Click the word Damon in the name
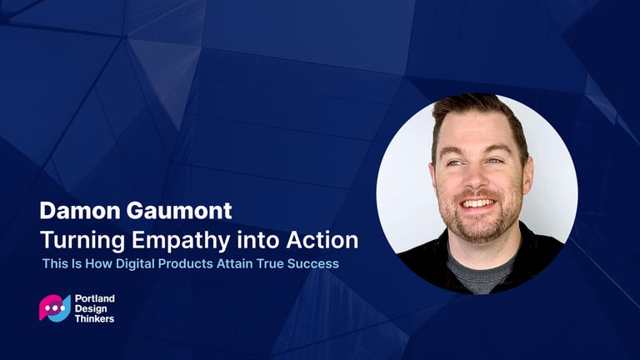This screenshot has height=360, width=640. [80, 211]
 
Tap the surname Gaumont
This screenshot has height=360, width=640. [179, 211]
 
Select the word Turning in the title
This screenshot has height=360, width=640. [82, 241]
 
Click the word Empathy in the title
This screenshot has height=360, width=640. [181, 241]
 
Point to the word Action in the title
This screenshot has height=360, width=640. [322, 240]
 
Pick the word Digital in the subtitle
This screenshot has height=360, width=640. [136, 263]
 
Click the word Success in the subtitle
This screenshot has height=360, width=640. [313, 263]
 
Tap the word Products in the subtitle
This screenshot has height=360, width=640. [185, 263]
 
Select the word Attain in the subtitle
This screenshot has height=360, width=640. [235, 263]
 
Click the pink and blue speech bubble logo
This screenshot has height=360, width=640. [55, 308]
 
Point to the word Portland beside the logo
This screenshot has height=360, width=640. [95, 298]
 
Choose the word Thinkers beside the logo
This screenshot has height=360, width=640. [94, 319]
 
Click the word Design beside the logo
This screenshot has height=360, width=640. [91, 309]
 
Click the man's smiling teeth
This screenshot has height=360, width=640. [477, 202]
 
